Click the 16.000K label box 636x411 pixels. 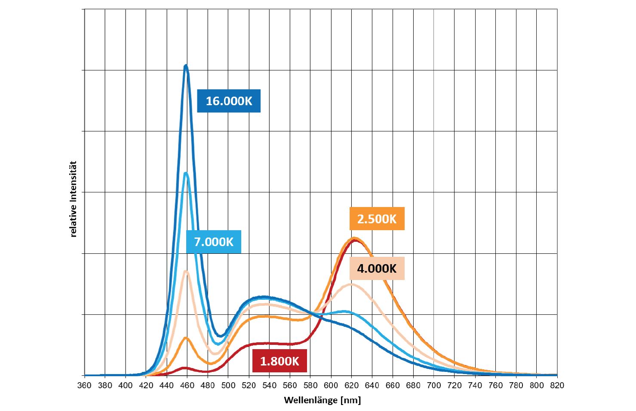pos(229,101)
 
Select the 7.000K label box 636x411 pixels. pos(214,242)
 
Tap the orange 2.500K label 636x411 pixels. pos(377,219)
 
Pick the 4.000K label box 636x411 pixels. pos(377,268)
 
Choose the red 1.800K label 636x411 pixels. pos(280,361)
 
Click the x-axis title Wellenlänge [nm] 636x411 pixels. pos(323,400)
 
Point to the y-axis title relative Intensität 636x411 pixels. pos(74,199)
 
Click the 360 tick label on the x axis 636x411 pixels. pos(84,385)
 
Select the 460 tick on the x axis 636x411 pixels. pos(187,385)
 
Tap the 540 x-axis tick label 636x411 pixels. pos(269,385)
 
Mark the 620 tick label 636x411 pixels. pos(351,385)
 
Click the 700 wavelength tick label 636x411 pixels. pos(434,385)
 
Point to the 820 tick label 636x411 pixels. pos(557,385)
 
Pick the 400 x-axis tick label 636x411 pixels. pos(126,385)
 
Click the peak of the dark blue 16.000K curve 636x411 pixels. pos(186,66)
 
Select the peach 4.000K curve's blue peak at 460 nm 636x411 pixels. pos(186,271)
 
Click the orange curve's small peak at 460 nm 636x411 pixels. pos(186,338)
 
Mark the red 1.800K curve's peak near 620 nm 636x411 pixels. pos(355,240)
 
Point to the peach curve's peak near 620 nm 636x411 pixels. pos(352,284)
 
